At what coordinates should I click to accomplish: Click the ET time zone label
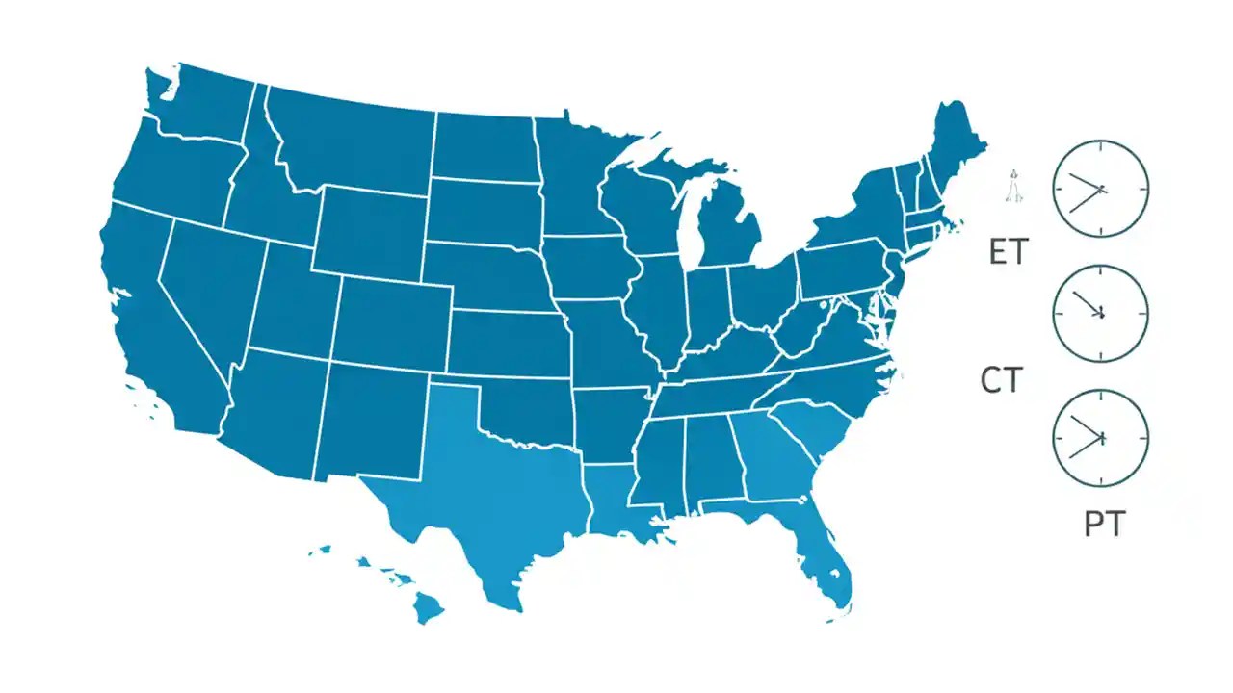tap(1009, 252)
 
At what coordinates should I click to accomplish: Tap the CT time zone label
tap(1001, 381)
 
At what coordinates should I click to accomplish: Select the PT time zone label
tap(1104, 525)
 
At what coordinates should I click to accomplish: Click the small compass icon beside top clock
tap(1013, 187)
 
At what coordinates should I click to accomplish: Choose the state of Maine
tap(954, 144)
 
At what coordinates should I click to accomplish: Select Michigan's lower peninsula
tap(727, 231)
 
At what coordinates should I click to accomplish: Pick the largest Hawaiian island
tap(430, 606)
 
